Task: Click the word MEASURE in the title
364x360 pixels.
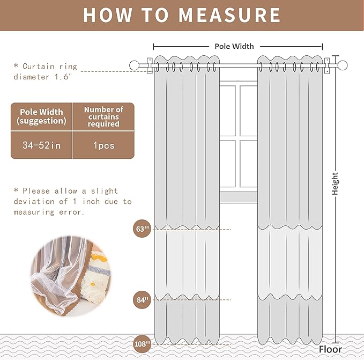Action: (x=229, y=14)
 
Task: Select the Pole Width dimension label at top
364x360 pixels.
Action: (x=234, y=47)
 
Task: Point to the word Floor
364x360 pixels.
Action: (x=330, y=349)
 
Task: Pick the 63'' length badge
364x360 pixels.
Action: (x=142, y=229)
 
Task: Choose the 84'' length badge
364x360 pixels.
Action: (x=142, y=299)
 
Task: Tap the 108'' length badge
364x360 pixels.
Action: (x=142, y=343)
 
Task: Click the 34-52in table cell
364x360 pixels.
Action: (x=42, y=145)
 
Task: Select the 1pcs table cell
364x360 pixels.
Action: (x=103, y=145)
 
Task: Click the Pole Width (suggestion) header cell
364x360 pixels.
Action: (x=42, y=116)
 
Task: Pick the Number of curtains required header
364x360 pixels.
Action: (x=103, y=116)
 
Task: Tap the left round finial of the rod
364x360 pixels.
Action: (x=134, y=65)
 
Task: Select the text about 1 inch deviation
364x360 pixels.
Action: (x=72, y=201)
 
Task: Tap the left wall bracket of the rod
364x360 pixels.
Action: (x=150, y=65)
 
